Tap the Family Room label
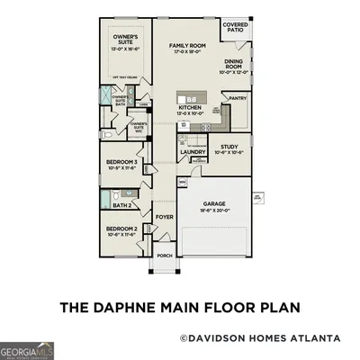[185, 45]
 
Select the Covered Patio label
[236, 28]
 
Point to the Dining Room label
[234, 65]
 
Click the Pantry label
[238, 98]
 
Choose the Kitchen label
[189, 107]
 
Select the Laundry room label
[193, 152]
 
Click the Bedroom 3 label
[121, 162]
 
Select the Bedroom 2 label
[121, 229]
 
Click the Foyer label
[164, 217]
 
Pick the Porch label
[164, 256]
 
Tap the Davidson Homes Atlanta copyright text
[260, 338]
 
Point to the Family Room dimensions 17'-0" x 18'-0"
[185, 52]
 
